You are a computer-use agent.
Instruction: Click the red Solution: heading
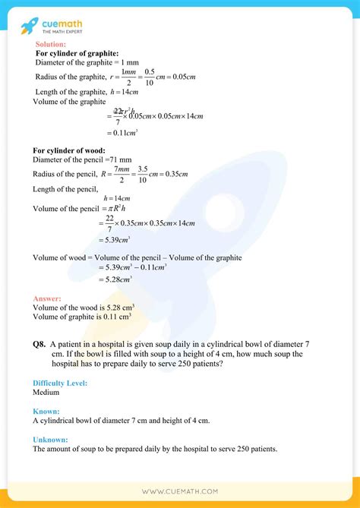[x=51, y=45]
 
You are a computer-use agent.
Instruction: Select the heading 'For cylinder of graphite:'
[x=77, y=53]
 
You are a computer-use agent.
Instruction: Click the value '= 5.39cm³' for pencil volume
[x=122, y=238]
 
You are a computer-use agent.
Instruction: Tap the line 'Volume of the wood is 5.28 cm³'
[x=83, y=308]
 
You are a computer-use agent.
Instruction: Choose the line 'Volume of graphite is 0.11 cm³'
[x=83, y=317]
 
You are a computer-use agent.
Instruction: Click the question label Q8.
[x=39, y=345]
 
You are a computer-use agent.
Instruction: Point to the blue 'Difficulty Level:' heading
[x=60, y=383]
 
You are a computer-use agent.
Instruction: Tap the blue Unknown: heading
[x=51, y=439]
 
